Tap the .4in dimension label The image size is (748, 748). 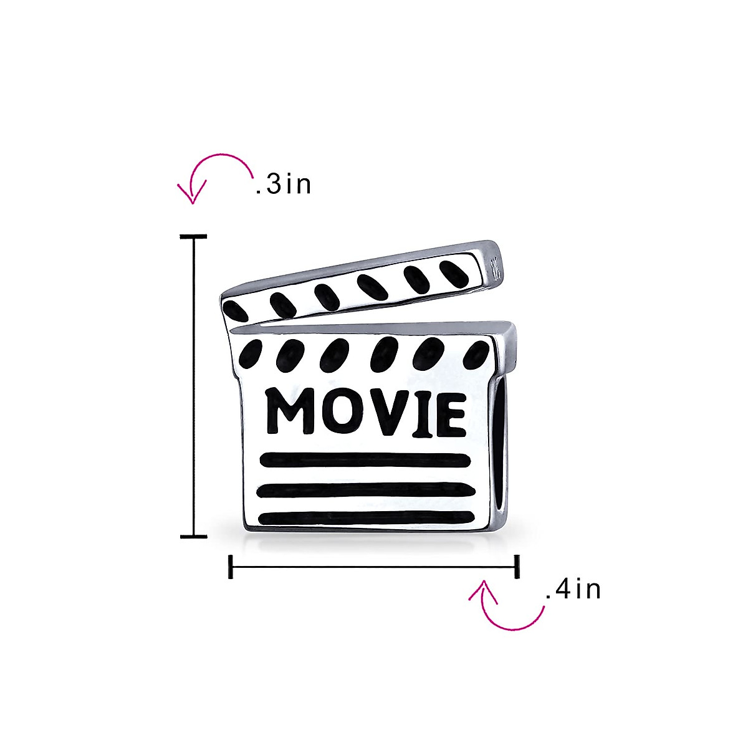(x=573, y=590)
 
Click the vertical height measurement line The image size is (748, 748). (x=194, y=386)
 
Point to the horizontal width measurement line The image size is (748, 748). (x=374, y=567)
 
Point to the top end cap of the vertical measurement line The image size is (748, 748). (x=194, y=237)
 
